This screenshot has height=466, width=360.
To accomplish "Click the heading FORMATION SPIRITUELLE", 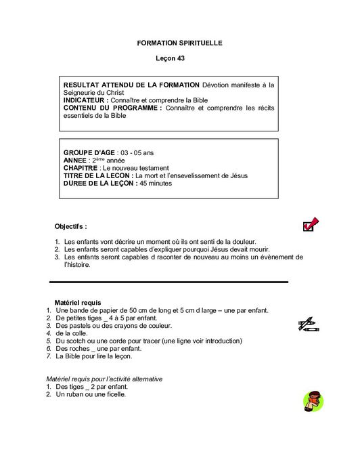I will pyautogui.click(x=179, y=43).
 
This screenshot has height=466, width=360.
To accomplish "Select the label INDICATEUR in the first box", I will pyautogui.click(x=85, y=100).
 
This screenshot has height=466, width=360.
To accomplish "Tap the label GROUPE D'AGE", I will pyautogui.click(x=89, y=152).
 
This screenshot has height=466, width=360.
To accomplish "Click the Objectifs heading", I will pyautogui.click(x=70, y=226).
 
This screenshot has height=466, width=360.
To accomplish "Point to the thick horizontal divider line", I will pyautogui.click(x=169, y=281).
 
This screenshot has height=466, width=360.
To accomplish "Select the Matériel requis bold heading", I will pyautogui.click(x=77, y=302).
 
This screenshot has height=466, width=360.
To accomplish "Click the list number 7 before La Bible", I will pyautogui.click(x=49, y=356).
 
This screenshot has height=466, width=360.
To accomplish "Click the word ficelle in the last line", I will pyautogui.click(x=115, y=394).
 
